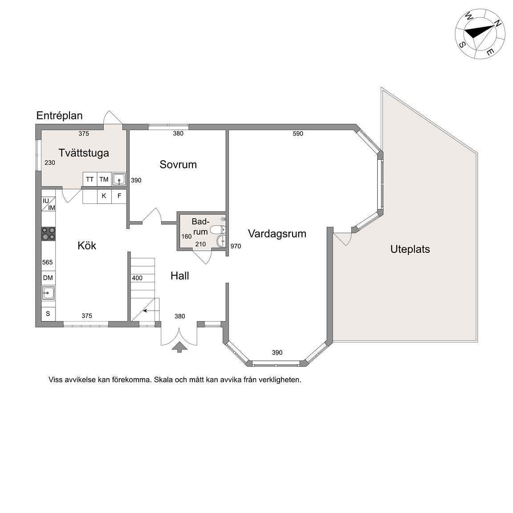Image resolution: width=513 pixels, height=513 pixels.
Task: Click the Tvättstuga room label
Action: point(84,153)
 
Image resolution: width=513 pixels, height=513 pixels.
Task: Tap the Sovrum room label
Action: point(178,164)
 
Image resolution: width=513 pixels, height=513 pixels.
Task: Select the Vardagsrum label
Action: point(277,234)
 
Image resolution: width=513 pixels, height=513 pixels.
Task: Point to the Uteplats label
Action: point(410,249)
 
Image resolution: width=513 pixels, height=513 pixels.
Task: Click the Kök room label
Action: point(87,245)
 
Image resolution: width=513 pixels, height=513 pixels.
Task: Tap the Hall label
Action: point(179,276)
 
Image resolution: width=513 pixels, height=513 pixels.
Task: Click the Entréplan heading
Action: point(60,115)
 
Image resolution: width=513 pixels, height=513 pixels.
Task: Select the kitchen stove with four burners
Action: point(49,234)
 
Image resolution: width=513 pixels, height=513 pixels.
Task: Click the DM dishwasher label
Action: point(48,278)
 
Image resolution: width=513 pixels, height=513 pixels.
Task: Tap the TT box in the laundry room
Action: point(90,179)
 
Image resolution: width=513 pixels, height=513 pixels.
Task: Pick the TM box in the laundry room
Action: point(104,179)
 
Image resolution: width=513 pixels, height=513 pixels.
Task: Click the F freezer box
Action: point(119,196)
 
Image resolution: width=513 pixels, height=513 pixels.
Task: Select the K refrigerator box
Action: point(104,196)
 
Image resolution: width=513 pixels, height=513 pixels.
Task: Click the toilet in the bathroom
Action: point(218,229)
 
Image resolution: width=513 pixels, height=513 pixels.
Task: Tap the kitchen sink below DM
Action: point(49,293)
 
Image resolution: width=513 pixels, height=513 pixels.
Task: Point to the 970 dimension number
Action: point(236,246)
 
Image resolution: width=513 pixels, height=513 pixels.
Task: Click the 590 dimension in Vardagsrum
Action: point(298,134)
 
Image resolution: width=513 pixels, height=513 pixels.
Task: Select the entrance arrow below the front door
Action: point(179,347)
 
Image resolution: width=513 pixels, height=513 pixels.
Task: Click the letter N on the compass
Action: point(497,23)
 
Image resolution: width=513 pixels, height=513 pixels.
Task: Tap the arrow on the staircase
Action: point(149,310)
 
